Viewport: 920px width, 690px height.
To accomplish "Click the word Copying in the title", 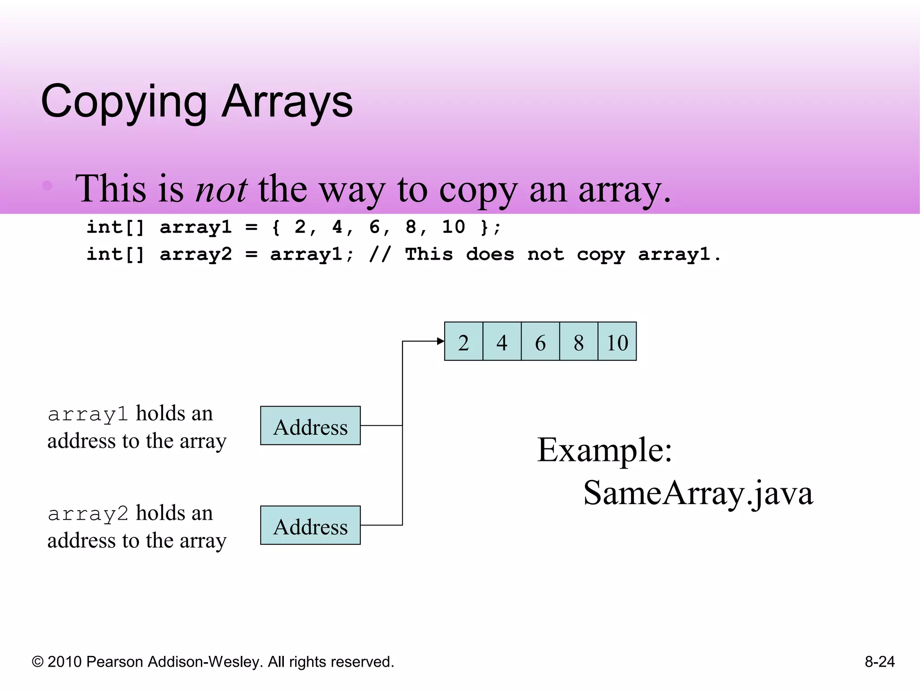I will (124, 102).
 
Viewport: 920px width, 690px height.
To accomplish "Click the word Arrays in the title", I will (287, 102).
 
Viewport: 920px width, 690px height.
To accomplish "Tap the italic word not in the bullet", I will (221, 189).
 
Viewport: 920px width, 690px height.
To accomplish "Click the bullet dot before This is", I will (48, 186).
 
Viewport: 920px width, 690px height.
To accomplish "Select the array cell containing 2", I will (464, 341).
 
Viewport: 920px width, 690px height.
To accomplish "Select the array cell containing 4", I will (502, 341).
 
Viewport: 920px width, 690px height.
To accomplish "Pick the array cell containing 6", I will (540, 341).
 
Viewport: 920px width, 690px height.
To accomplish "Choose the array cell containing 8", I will (579, 341).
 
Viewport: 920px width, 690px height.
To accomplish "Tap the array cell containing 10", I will (617, 341).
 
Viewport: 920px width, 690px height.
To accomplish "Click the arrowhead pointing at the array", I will (441, 341).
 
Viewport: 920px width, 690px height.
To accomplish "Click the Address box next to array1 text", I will (310, 426).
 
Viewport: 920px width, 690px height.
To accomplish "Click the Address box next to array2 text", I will (310, 526).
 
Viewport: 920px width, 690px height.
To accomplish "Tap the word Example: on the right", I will (605, 450).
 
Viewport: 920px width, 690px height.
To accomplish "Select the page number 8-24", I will (880, 662).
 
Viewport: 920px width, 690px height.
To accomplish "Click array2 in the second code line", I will (196, 254).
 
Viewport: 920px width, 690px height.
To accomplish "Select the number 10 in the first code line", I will (453, 227).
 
